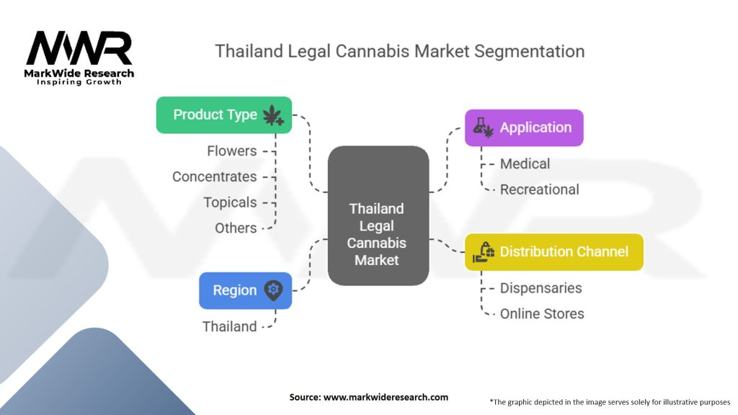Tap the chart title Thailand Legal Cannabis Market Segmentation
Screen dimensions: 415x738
400,52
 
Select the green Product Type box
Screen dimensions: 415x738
224,115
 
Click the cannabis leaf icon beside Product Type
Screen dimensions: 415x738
273,115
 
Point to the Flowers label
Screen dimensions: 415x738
231,151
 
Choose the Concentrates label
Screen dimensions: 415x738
214,177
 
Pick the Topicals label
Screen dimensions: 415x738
230,202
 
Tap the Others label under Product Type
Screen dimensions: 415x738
236,228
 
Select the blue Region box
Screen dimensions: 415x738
245,290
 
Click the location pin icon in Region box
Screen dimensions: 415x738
273,290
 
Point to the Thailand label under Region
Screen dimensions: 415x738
229,326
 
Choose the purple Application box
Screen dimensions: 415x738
524,128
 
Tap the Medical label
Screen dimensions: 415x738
525,164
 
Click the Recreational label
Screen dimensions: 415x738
539,189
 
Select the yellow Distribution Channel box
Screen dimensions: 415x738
553,251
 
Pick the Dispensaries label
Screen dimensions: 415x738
541,287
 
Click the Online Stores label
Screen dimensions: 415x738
542,313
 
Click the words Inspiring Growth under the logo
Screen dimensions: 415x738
79,82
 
